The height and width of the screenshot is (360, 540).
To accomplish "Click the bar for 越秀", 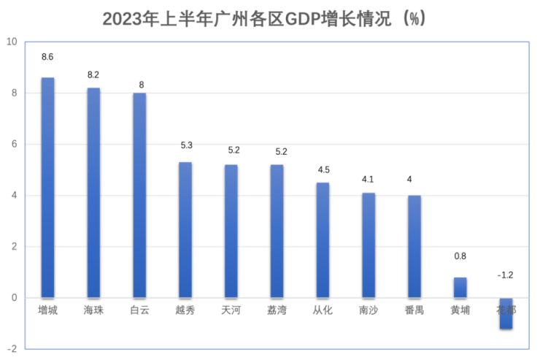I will click(x=185, y=229).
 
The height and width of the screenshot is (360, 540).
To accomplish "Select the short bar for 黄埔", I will click(x=460, y=287).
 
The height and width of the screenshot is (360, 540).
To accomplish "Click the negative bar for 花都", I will click(x=506, y=313).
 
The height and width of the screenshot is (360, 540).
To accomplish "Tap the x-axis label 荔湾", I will click(x=277, y=310).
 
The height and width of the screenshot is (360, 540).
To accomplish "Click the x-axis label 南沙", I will click(x=368, y=310).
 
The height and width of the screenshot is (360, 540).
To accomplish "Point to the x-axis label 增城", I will click(x=47, y=310).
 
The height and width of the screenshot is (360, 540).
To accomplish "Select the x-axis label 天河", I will click(x=231, y=310).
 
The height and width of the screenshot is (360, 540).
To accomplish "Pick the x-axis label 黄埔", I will click(x=460, y=310).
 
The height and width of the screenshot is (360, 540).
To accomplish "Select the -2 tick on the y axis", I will click(x=12, y=349).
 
